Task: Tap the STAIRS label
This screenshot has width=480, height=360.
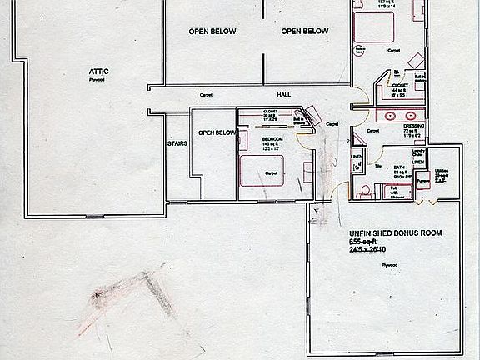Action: (176, 143)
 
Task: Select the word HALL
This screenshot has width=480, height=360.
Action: (285, 94)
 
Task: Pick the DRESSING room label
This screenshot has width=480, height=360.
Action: (414, 125)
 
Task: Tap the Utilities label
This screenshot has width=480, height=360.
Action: (442, 172)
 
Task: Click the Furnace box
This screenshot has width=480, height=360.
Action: (422, 181)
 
